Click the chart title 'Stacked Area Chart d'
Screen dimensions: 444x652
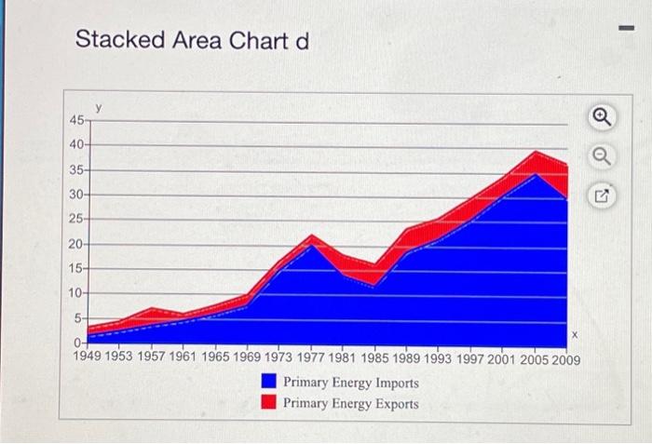[191, 40]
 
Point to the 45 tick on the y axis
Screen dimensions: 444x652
[75, 120]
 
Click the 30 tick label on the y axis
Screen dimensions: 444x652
[75, 195]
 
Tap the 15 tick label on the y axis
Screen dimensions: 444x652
[75, 268]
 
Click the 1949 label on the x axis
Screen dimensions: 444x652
[91, 357]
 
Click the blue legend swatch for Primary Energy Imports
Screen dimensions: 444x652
[268, 383]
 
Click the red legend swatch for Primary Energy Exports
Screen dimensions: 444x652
[268, 402]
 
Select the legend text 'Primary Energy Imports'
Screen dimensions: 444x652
[350, 383]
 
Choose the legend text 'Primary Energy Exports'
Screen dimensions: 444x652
[350, 403]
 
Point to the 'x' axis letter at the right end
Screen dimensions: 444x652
[575, 333]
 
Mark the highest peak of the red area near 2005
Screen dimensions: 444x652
[537, 152]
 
